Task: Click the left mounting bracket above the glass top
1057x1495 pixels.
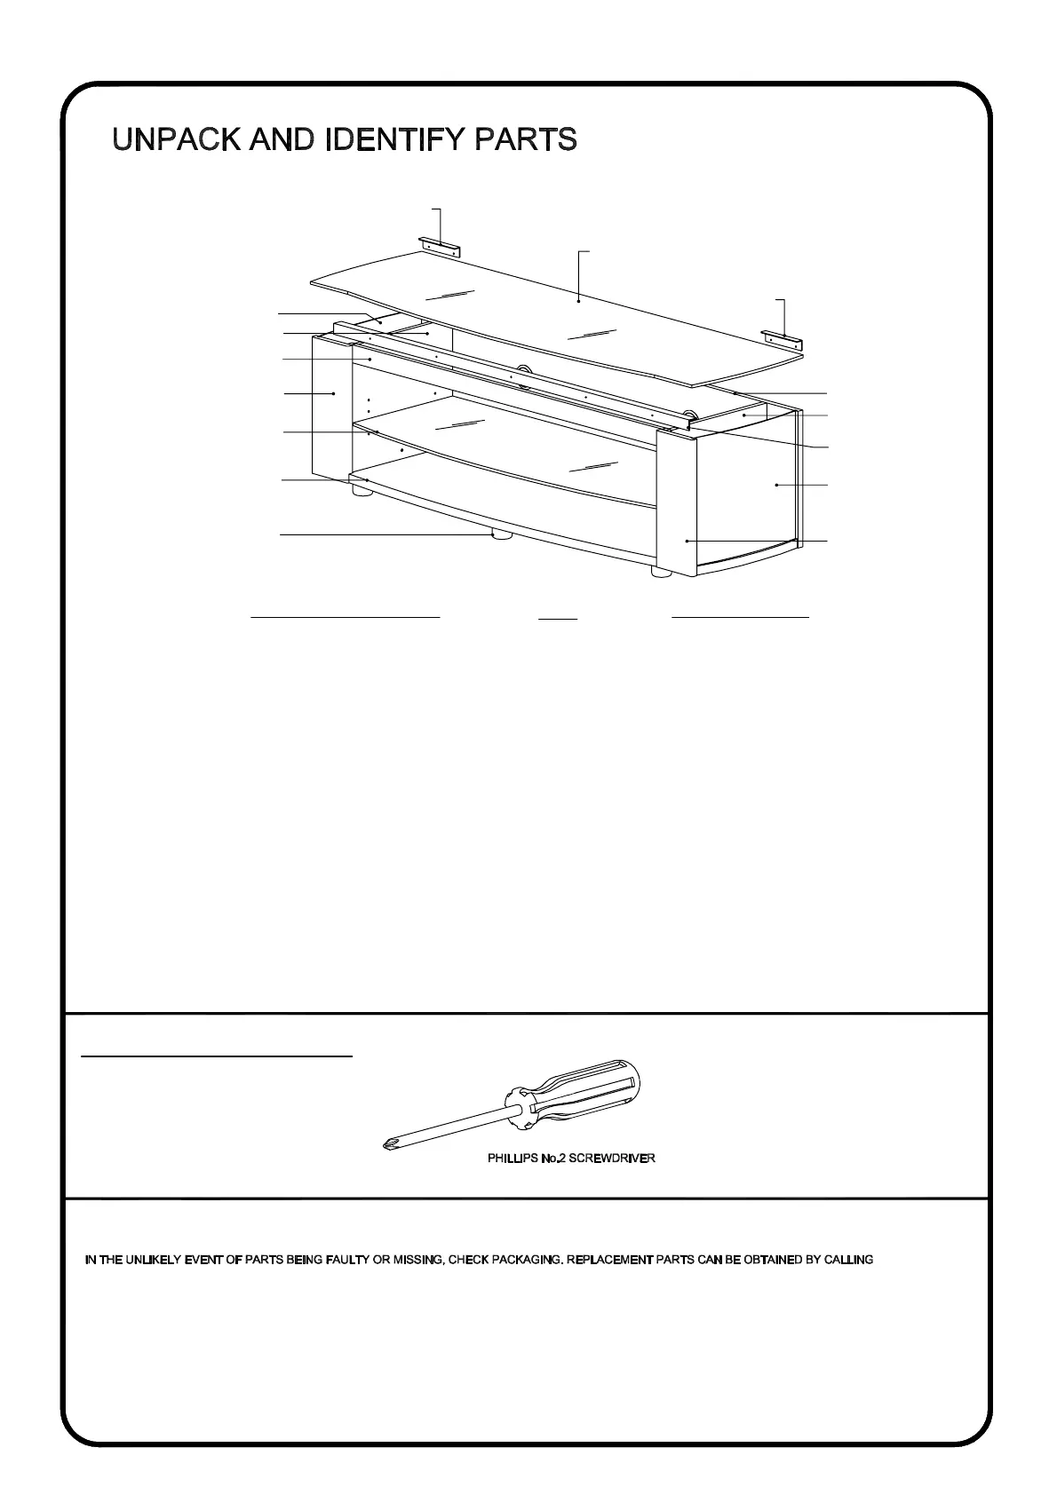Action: click(440, 246)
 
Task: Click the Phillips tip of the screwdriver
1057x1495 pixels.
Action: click(386, 1146)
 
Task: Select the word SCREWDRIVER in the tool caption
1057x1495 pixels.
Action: click(612, 1159)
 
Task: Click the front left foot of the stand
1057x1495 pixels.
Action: click(361, 491)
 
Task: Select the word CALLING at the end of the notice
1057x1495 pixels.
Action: click(850, 1260)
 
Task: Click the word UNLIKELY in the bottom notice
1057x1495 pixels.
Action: click(157, 1260)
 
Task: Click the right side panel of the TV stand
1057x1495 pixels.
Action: click(746, 497)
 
